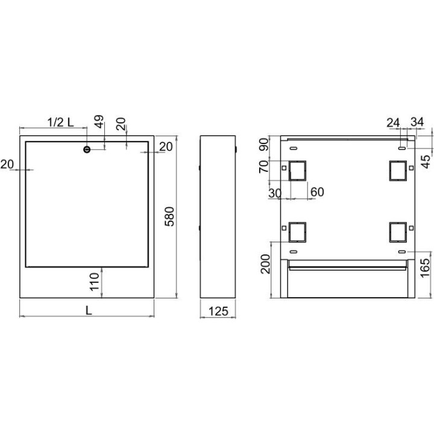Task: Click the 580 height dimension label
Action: point(169,216)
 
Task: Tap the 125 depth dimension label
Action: point(218,312)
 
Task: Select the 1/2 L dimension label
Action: point(61,122)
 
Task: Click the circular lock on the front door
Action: point(87,149)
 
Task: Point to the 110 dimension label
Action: point(95,281)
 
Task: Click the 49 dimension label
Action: point(99,122)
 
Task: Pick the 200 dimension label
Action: point(266,264)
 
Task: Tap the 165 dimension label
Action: point(425,268)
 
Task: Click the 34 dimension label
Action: point(417,122)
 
